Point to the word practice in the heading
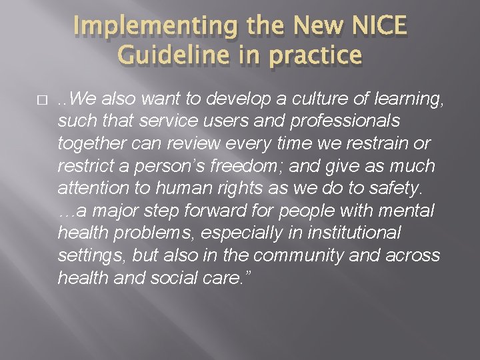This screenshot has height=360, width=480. coord(313,57)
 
